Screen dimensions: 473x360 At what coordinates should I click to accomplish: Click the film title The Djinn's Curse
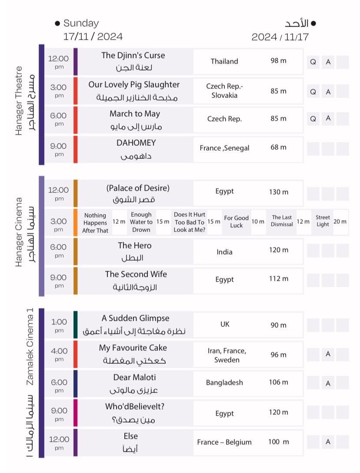[133, 56]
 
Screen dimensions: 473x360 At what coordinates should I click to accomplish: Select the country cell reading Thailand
[224, 61]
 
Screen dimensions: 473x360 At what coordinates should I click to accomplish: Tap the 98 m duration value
[278, 60]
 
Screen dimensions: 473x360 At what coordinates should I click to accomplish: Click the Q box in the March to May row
[313, 118]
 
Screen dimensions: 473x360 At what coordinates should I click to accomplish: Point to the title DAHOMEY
[136, 143]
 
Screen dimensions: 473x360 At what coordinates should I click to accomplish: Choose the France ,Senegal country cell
[224, 148]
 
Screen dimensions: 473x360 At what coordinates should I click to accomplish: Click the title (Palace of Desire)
[138, 188]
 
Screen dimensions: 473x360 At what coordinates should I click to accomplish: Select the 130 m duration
[279, 192]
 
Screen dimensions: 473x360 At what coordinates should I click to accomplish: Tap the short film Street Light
[323, 221]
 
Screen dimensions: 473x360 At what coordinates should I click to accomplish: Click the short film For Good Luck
[237, 221]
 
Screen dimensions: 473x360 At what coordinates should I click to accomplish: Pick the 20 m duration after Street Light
[340, 221]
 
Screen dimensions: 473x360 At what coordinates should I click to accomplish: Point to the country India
[224, 252]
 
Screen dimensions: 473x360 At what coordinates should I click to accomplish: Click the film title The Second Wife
[136, 274]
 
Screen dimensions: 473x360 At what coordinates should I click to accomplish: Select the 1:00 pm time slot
[59, 325]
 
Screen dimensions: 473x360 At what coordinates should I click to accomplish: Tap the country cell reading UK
[225, 324]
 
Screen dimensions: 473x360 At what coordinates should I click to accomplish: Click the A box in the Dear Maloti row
[328, 383]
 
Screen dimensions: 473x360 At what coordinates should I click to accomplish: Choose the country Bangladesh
[224, 383]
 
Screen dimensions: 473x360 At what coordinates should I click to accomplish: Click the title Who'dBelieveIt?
[135, 407]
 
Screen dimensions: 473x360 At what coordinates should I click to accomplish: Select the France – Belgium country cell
[224, 442]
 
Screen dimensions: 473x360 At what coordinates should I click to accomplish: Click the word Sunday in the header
[81, 23]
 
